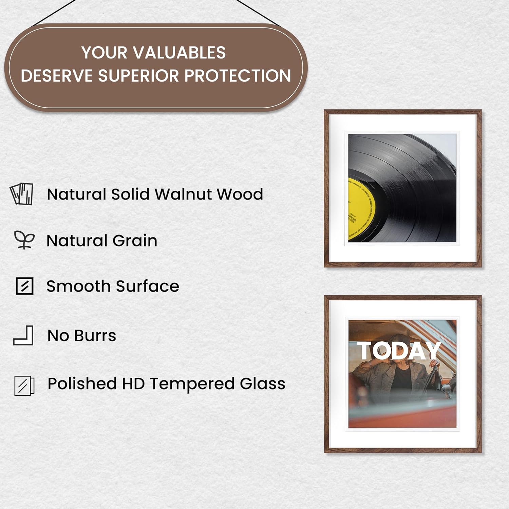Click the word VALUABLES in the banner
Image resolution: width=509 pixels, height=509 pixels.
point(179,53)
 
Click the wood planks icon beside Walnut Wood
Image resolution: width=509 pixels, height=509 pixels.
point(22,194)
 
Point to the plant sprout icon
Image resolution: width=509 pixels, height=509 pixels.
point(24,240)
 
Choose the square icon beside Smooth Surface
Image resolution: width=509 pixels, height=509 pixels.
point(24,286)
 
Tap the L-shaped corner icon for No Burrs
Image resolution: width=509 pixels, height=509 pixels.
point(23,335)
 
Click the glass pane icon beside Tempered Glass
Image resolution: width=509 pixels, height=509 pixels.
point(24,385)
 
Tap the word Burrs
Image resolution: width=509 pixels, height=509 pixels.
point(95,336)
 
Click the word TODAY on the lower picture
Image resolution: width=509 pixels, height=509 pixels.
point(399,351)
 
